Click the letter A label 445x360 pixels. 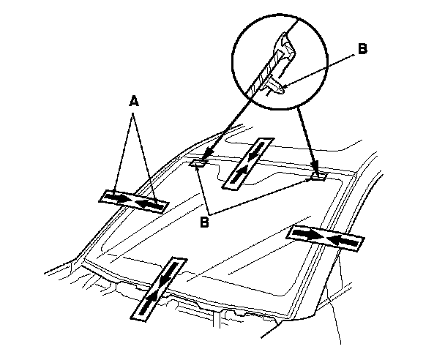tap(134, 101)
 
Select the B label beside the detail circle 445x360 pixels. tap(362, 49)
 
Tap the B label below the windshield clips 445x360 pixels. tap(204, 222)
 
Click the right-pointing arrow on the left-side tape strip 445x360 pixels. tap(120, 198)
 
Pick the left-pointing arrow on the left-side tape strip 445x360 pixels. tap(149, 205)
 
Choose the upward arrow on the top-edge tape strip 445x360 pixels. tap(240, 173)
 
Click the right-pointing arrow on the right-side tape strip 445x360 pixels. tap(310, 234)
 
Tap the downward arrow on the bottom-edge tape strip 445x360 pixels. tap(168, 274)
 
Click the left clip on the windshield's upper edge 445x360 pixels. tap(198, 163)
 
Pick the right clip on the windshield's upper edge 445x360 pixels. tap(318, 176)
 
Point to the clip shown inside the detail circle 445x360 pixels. tap(273, 85)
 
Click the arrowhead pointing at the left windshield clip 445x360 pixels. tap(208, 153)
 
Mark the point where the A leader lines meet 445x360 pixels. tap(132, 113)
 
